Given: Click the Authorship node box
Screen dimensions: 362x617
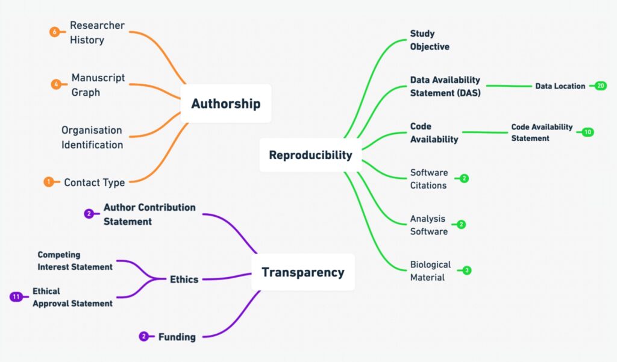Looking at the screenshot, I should pyautogui.click(x=226, y=104).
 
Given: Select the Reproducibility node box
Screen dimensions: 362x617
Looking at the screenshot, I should pyautogui.click(x=310, y=155).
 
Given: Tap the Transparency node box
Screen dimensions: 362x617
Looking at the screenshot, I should pyautogui.click(x=302, y=272).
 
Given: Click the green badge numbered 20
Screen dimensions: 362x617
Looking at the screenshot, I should pyautogui.click(x=601, y=86).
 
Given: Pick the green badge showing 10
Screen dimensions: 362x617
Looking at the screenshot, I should pyautogui.click(x=587, y=132).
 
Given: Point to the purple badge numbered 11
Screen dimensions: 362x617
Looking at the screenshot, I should pyautogui.click(x=17, y=296).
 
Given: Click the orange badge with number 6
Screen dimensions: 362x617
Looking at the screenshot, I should pyautogui.click(x=55, y=33).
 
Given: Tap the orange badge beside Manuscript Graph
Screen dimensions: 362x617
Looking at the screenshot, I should pyautogui.click(x=56, y=85).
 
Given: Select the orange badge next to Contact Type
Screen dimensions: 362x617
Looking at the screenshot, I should pyautogui.click(x=49, y=182).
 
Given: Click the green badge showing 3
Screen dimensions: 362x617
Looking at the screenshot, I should pyautogui.click(x=466, y=270).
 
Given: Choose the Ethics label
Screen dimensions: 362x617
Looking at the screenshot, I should pyautogui.click(x=184, y=279).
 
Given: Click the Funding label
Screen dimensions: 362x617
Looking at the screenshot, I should pyautogui.click(x=177, y=337).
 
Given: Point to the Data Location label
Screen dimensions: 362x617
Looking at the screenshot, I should pyautogui.click(x=560, y=86).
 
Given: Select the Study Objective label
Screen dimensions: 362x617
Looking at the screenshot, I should pyautogui.click(x=430, y=40).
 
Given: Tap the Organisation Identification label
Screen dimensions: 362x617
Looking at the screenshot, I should pyautogui.click(x=92, y=137).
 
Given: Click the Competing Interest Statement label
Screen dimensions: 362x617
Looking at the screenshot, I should pyautogui.click(x=75, y=261).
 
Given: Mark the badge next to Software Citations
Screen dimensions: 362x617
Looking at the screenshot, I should pyautogui.click(x=464, y=178).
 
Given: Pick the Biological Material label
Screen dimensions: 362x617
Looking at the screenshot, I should pyautogui.click(x=430, y=271).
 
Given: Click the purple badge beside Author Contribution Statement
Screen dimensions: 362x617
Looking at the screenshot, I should pyautogui.click(x=89, y=213).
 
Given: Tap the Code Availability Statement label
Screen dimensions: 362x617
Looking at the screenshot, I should pyautogui.click(x=542, y=133).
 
